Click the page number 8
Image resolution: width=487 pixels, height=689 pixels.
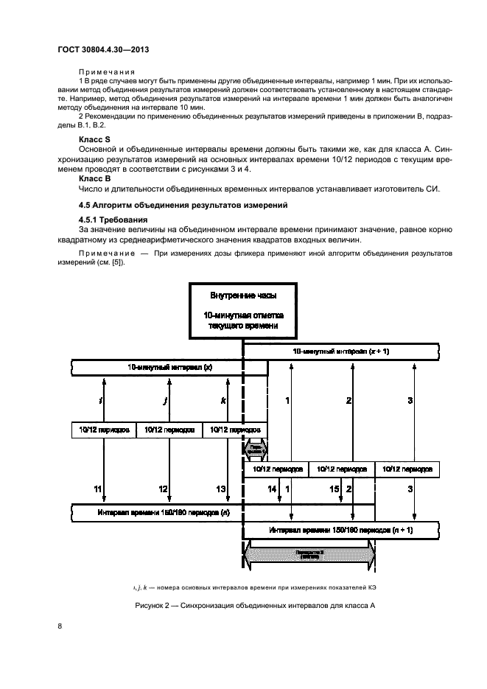[x=59, y=627]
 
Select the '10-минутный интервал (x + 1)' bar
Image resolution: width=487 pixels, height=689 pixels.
[x=340, y=352]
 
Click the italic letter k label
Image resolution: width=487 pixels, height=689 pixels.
[x=223, y=400]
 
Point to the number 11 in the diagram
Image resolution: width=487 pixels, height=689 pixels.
[x=97, y=489]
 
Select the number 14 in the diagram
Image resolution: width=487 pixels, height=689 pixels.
[x=272, y=489]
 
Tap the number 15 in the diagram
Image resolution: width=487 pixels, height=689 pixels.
[x=334, y=489]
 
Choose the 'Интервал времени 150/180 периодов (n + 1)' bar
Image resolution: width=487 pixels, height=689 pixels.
[x=340, y=530]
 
